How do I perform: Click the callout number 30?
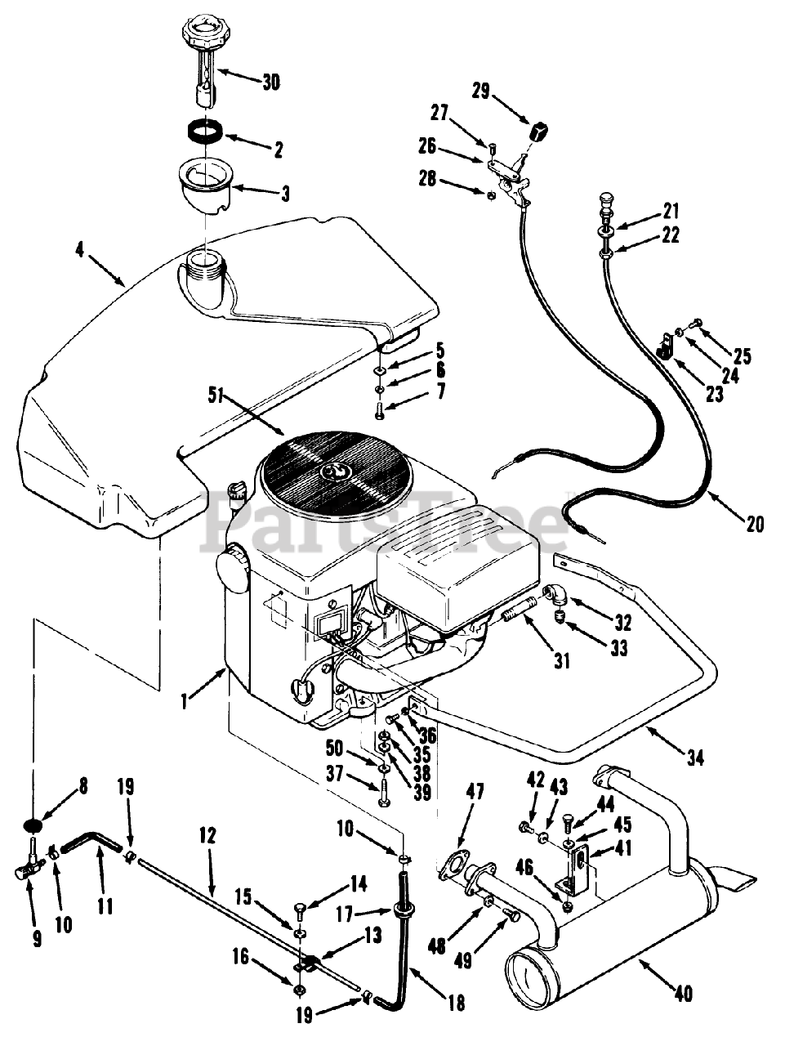point(270,82)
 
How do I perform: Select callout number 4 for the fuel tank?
point(79,249)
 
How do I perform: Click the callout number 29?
point(480,92)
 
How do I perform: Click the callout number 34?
point(694,758)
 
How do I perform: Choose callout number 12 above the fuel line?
point(207,835)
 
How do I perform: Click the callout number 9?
point(38,940)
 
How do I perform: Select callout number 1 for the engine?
point(186,700)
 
